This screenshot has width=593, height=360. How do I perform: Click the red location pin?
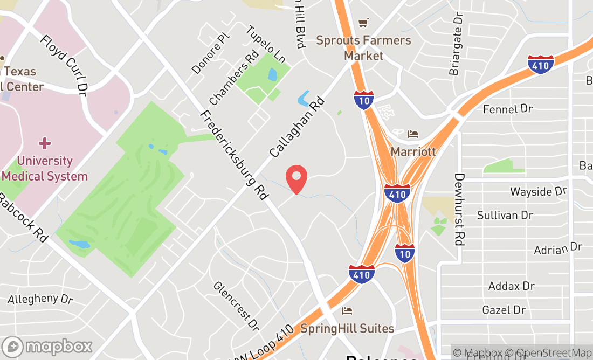click(x=296, y=179)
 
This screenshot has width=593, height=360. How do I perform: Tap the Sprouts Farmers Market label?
click(x=363, y=48)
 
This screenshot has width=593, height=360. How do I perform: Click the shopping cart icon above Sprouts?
click(x=363, y=23)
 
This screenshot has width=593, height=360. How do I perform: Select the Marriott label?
click(x=413, y=151)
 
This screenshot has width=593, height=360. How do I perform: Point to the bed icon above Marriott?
click(x=413, y=134)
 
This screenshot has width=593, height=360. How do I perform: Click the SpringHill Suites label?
click(x=347, y=328)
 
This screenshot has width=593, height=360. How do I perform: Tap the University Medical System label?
click(x=45, y=168)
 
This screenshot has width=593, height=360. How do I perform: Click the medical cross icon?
click(x=45, y=143)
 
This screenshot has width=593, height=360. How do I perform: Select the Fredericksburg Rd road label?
click(x=234, y=156)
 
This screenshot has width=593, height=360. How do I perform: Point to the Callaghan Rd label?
click(x=298, y=127)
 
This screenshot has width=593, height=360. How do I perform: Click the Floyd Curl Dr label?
click(x=64, y=63)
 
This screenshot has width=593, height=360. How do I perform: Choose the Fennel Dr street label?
click(x=508, y=109)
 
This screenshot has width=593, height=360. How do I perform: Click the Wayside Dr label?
click(x=539, y=191)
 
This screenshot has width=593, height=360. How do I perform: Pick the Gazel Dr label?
click(x=504, y=310)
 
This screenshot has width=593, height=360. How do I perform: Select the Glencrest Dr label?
click(x=236, y=306)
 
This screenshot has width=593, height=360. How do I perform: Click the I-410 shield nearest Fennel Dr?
click(x=541, y=64)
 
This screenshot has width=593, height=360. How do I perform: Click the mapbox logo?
click(x=47, y=346)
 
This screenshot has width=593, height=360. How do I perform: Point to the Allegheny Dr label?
click(x=41, y=299)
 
